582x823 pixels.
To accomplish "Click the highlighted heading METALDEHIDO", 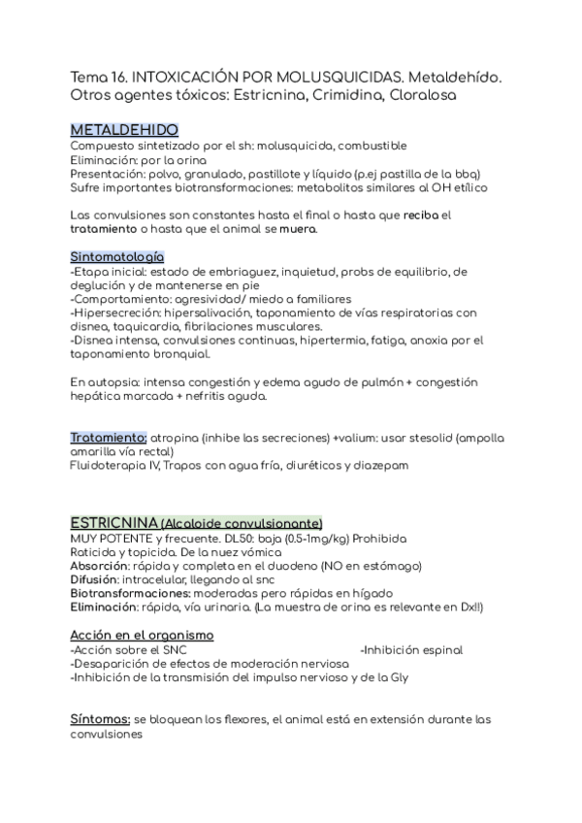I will pyautogui.click(x=123, y=130).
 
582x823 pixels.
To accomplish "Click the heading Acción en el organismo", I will pyautogui.click(x=142, y=635).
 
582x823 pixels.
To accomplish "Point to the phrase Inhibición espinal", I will pyautogui.click(x=412, y=649).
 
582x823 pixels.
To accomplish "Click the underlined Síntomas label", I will pyautogui.click(x=100, y=719).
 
